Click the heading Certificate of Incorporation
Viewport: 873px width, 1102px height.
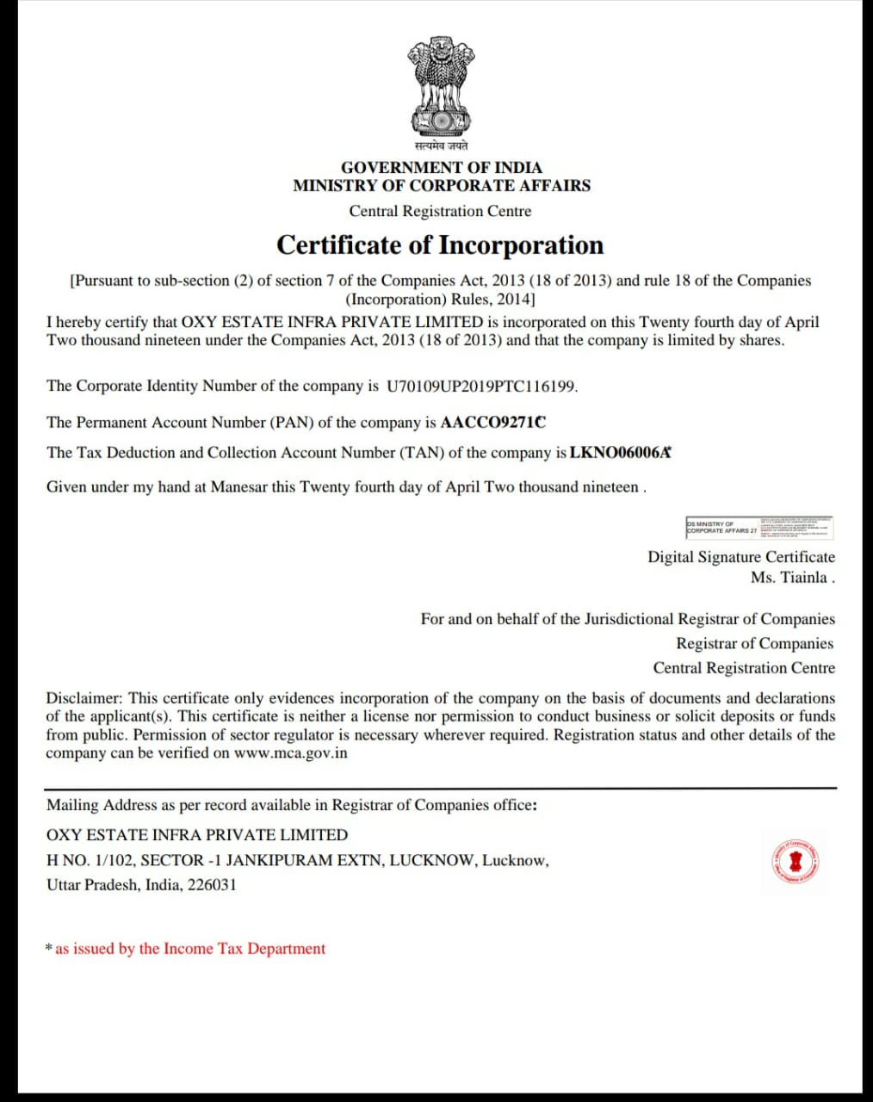point(440,245)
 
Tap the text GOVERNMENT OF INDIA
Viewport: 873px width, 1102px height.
point(441,168)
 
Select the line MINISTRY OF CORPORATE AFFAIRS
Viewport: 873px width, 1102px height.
point(441,186)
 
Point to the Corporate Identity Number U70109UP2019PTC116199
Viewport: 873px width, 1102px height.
point(480,387)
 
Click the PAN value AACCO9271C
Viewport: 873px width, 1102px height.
point(492,423)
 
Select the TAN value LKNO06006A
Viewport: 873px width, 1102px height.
point(619,453)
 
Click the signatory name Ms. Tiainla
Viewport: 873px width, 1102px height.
point(791,578)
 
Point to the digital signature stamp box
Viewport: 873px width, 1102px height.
point(759,527)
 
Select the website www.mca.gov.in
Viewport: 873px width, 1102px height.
point(291,753)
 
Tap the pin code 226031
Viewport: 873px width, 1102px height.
point(212,885)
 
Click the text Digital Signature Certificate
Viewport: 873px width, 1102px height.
point(741,557)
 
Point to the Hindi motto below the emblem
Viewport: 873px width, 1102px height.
point(440,146)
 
